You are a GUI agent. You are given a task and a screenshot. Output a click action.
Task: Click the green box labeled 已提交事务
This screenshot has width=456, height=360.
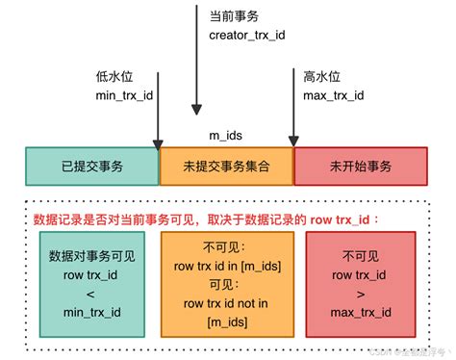(x=91, y=167)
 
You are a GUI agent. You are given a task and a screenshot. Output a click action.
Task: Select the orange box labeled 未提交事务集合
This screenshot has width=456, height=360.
(x=227, y=167)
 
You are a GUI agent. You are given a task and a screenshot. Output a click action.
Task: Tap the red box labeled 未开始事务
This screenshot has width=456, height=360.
(x=360, y=167)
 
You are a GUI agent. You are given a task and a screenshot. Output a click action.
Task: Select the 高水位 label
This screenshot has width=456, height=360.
(x=322, y=77)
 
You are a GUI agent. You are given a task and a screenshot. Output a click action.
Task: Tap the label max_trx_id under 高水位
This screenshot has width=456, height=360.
(x=332, y=95)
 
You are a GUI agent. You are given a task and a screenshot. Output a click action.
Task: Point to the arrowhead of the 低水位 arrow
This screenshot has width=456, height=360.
(x=159, y=144)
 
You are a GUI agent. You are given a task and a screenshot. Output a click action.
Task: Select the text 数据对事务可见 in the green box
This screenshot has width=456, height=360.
(x=91, y=255)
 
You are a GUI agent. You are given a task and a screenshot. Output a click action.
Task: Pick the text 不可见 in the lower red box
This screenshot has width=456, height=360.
(x=361, y=256)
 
